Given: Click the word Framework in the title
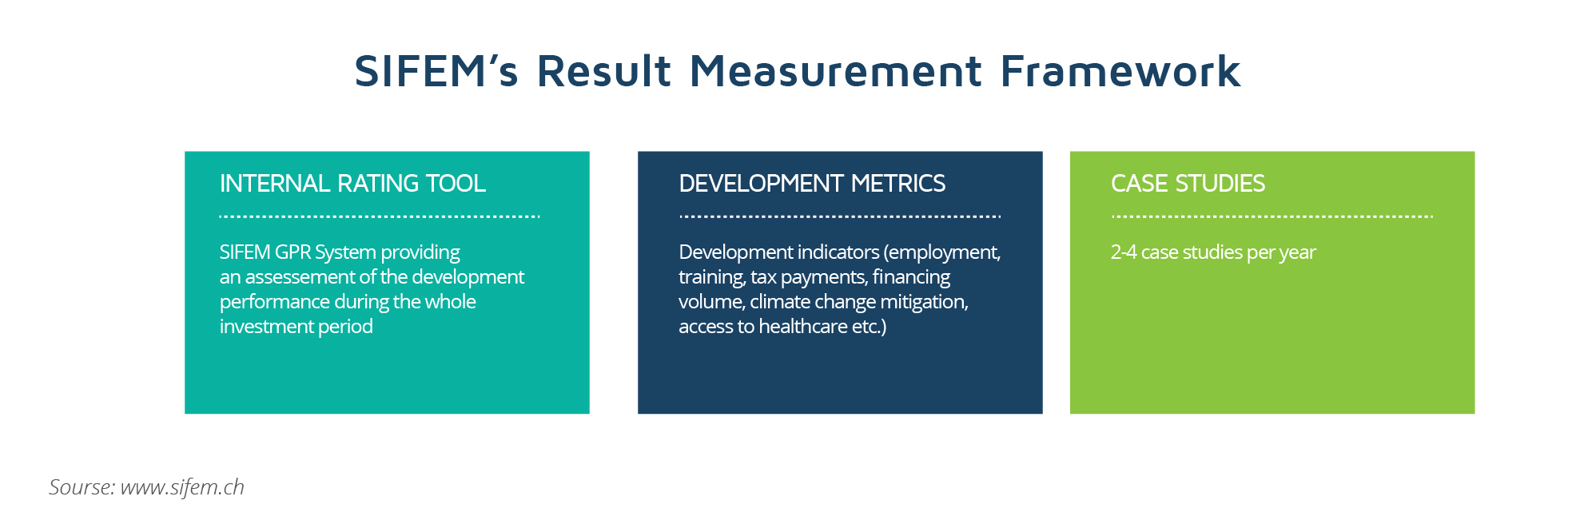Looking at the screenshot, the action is pyautogui.click(x=1120, y=70).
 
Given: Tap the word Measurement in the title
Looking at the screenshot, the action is pyautogui.click(x=835, y=70).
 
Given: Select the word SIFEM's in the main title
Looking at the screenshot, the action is pyautogui.click(x=436, y=70).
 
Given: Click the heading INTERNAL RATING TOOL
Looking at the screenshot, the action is pyautogui.click(x=352, y=184).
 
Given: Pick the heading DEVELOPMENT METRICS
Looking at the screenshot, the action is pyautogui.click(x=812, y=184).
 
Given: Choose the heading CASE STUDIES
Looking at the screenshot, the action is pyautogui.click(x=1188, y=184).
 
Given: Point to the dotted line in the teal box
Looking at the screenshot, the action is pyautogui.click(x=380, y=216).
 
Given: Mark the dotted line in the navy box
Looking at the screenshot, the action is pyautogui.click(x=839, y=216).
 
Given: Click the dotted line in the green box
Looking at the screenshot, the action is pyautogui.click(x=1272, y=216).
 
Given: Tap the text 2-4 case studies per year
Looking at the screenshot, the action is pyautogui.click(x=1213, y=252).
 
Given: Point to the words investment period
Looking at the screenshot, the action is pyautogui.click(x=297, y=327).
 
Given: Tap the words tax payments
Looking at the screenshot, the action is pyautogui.click(x=809, y=277).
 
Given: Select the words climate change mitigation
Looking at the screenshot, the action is pyautogui.click(x=859, y=302).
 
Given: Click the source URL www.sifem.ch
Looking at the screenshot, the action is pyautogui.click(x=182, y=487).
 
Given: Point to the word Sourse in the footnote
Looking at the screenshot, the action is pyautogui.click(x=82, y=487).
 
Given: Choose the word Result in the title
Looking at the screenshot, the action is pyautogui.click(x=604, y=70).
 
